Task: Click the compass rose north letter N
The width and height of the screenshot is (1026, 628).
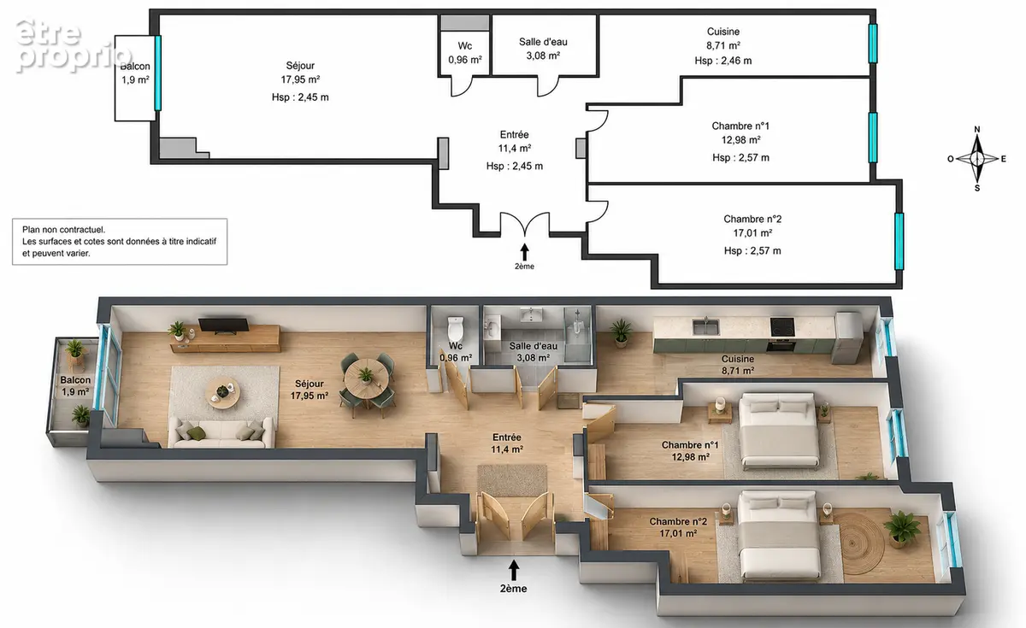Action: pos(977,130)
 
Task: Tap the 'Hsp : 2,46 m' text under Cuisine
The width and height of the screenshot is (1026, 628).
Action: pos(723,61)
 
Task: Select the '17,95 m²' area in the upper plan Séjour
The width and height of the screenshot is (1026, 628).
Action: pos(300,79)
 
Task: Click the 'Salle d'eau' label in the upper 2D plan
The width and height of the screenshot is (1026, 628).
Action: pos(543,42)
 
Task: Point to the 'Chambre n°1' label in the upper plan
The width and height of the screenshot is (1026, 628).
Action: pos(740,126)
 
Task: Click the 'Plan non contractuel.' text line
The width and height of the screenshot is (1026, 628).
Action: pos(63,230)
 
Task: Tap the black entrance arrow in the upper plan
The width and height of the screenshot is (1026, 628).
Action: pos(524,252)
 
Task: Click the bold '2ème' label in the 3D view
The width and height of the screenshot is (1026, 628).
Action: pos(514,589)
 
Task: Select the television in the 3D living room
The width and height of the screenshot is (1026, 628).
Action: pos(223,325)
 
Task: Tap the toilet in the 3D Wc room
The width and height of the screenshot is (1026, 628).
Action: pos(455,329)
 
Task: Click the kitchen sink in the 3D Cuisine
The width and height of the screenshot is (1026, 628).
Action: pos(705,326)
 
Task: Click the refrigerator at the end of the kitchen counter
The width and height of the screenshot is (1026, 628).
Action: pos(847,337)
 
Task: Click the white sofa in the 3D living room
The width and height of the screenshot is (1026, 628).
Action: pos(221,432)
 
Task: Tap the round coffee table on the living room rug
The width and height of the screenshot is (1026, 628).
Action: pos(222,393)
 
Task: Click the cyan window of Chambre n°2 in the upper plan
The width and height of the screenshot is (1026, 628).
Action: pos(899,241)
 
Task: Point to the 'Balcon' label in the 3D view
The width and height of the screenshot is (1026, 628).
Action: pos(75,380)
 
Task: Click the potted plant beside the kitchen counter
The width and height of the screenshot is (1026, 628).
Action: pos(621,332)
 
